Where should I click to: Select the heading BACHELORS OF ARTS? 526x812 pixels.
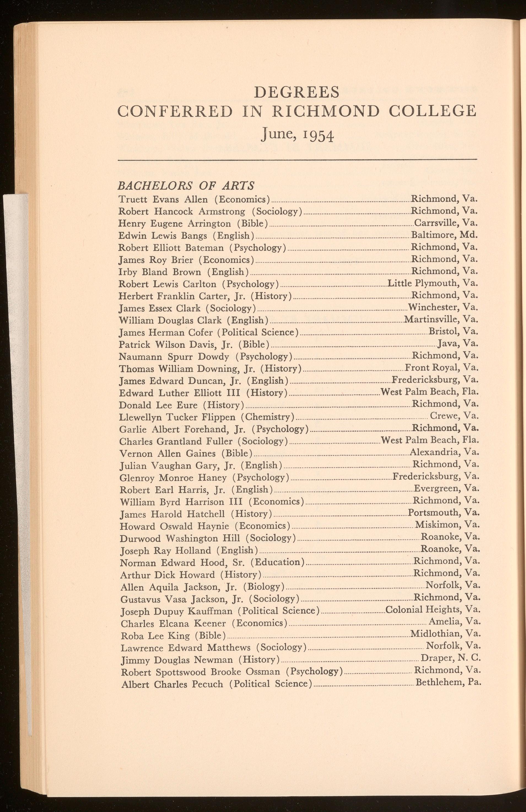coord(186,186)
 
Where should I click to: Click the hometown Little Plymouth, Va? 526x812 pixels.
coord(433,283)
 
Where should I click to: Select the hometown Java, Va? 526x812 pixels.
coord(458,344)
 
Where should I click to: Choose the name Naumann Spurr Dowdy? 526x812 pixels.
coord(174,357)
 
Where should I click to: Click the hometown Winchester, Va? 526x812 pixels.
coord(443,307)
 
